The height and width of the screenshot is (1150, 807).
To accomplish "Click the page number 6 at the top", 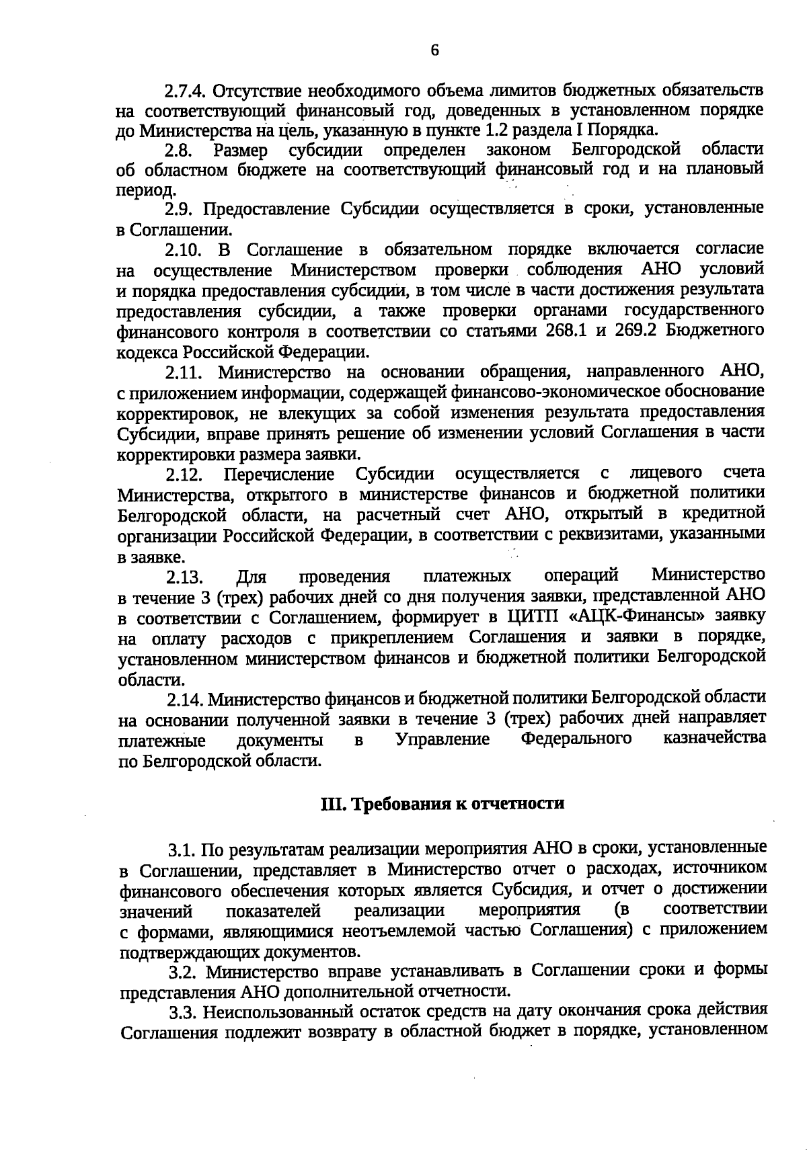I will click(434, 50).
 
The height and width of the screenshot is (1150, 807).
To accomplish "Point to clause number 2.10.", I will click(184, 251).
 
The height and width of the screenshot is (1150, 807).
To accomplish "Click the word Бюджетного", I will click(720, 331).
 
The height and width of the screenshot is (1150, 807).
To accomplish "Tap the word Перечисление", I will click(279, 475).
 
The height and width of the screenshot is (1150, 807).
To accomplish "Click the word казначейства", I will click(714, 739).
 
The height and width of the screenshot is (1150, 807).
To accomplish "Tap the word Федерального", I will click(576, 739).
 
